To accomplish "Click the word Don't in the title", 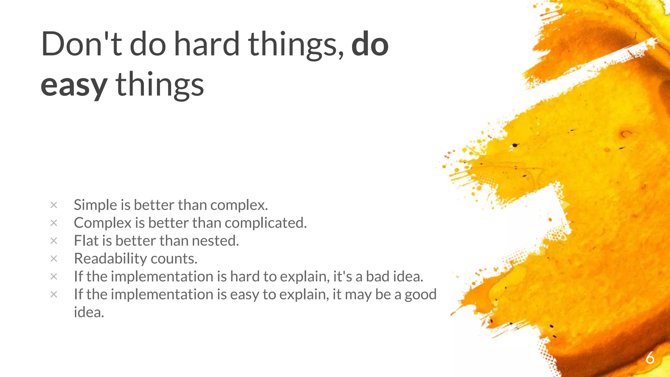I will click(81, 44).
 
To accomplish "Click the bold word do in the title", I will click(370, 44).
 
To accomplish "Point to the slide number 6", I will click(650, 358).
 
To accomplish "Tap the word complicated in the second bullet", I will click(266, 223).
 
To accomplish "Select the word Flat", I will click(86, 241).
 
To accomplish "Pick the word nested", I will click(215, 241).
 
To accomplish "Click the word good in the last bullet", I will click(420, 295).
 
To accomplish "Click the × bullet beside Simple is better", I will click(54, 205).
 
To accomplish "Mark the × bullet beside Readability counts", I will click(54, 259).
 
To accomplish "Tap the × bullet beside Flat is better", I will click(54, 241).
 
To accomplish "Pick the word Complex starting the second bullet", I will click(102, 223).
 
